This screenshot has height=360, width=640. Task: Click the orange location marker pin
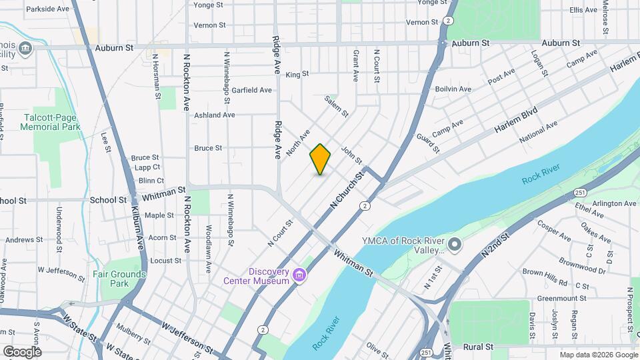[320, 159]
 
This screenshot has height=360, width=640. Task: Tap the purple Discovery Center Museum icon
[299, 275]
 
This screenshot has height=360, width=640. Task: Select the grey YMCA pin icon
[455, 245]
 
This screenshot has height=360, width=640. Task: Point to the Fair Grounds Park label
[119, 278]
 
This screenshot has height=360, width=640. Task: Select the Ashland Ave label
[215, 115]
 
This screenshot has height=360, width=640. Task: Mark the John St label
[351, 155]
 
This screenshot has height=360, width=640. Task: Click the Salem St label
[337, 106]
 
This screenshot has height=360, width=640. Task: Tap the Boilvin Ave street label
[453, 89]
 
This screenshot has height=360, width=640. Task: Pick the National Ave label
[538, 131]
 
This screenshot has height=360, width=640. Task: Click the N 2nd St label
[495, 245]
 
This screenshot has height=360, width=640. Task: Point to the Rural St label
[478, 347]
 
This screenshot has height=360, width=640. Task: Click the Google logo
[22, 351]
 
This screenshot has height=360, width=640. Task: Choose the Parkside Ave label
[47, 9]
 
